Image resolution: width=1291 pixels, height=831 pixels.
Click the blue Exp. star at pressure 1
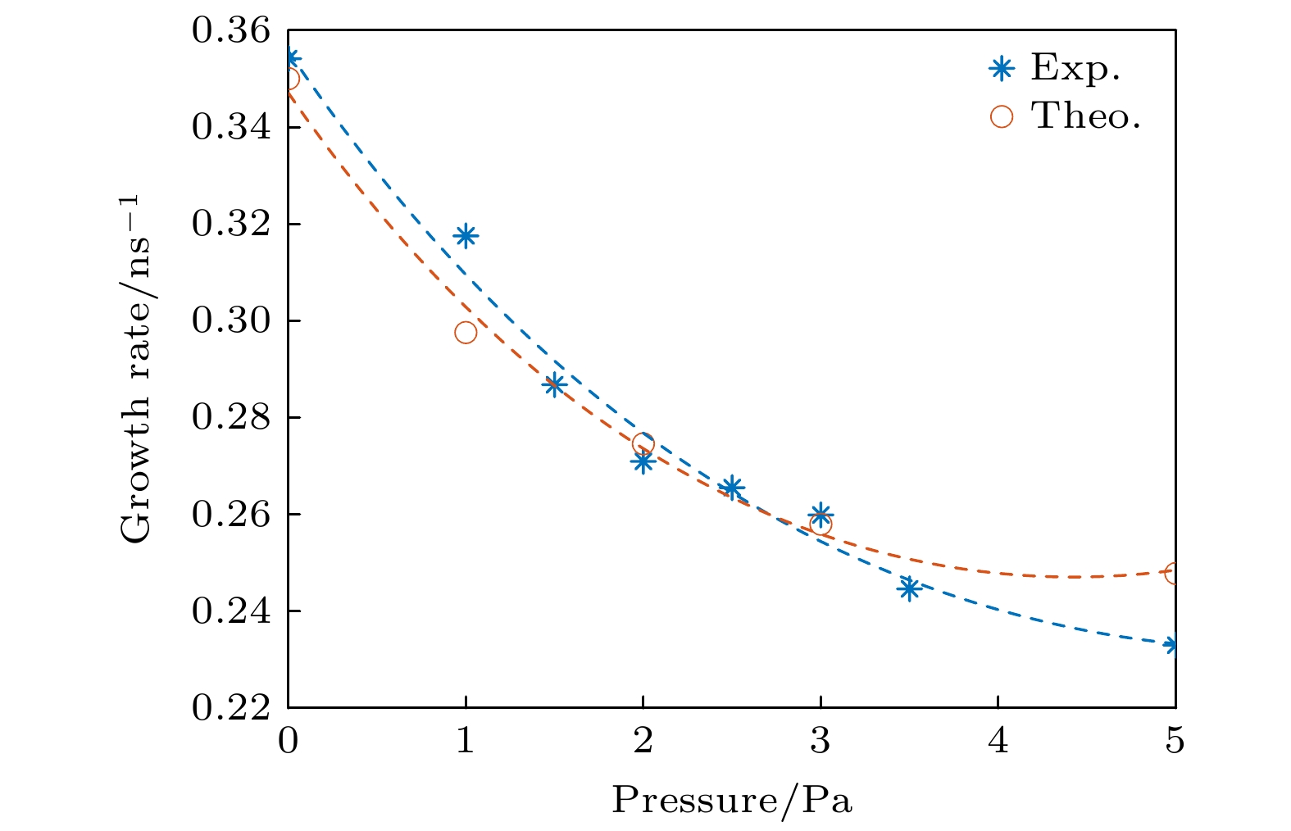[466, 236]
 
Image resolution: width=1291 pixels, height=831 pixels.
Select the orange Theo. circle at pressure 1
[466, 332]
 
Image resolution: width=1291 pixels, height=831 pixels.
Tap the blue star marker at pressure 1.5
[555, 385]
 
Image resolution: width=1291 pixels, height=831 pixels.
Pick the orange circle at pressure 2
[643, 444]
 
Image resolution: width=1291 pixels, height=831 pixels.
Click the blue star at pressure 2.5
[732, 488]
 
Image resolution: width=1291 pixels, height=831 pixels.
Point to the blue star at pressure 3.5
[908, 588]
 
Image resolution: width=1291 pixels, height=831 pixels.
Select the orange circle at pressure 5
[1174, 573]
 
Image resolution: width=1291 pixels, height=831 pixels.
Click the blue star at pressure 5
[1174, 645]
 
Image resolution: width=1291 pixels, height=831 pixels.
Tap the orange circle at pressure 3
[821, 524]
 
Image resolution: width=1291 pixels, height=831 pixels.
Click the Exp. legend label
[1075, 68]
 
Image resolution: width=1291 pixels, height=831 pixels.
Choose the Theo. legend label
[1086, 116]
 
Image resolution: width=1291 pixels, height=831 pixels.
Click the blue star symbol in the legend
[1001, 69]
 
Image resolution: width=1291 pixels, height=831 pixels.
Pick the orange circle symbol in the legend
[1001, 116]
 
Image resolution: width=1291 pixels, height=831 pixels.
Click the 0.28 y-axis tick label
[230, 417]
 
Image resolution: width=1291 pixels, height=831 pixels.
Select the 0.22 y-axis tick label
[230, 707]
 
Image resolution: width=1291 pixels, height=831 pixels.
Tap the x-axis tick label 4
[998, 741]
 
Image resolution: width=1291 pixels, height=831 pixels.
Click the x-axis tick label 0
[288, 741]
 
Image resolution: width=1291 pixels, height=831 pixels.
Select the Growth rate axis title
[136, 369]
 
